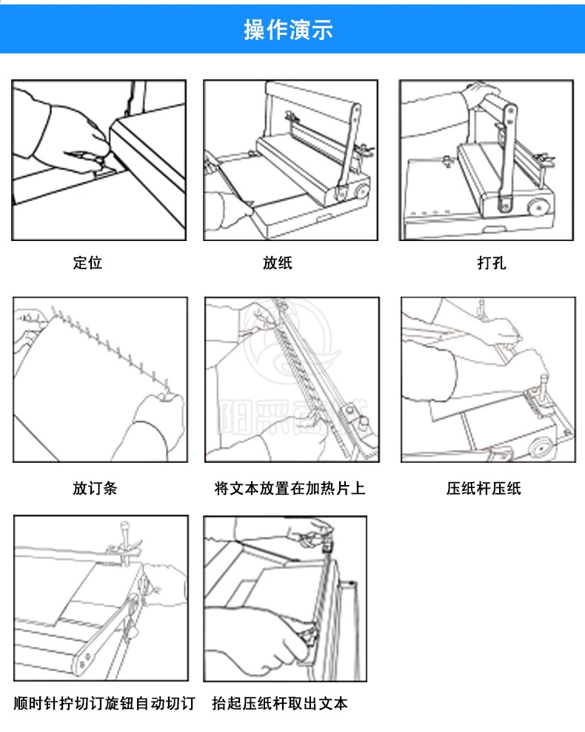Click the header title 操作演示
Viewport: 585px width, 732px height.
(x=289, y=30)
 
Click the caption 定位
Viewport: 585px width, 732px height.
(x=87, y=263)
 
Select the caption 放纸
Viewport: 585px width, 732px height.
(x=278, y=263)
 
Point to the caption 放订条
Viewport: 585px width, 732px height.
(x=95, y=488)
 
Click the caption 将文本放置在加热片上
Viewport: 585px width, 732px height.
(x=290, y=488)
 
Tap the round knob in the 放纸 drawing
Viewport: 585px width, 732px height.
(x=361, y=192)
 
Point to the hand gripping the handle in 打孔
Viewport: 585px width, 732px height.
(x=481, y=96)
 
